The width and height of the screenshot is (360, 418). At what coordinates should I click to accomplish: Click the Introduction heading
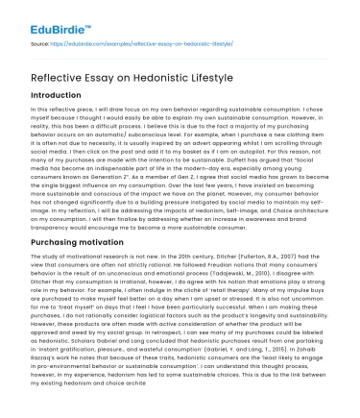[x=63, y=97]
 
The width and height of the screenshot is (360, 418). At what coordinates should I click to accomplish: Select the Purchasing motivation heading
[x=89, y=244]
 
